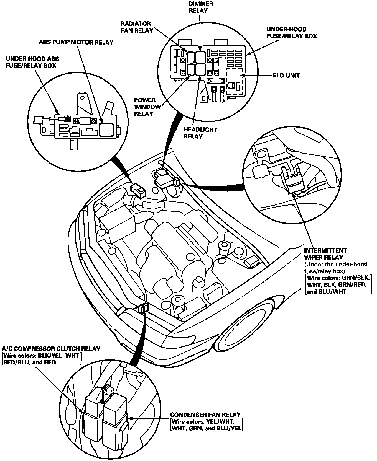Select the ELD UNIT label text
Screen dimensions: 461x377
286,75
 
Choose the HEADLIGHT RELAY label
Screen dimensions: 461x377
197,133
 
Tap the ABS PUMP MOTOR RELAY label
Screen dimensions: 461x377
76,42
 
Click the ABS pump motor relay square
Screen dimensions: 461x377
106,129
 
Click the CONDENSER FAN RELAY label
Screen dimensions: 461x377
205,415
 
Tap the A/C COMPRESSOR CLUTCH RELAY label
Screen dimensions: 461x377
51,348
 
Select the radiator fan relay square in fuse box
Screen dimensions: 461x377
190,57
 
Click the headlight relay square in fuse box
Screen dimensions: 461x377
200,69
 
